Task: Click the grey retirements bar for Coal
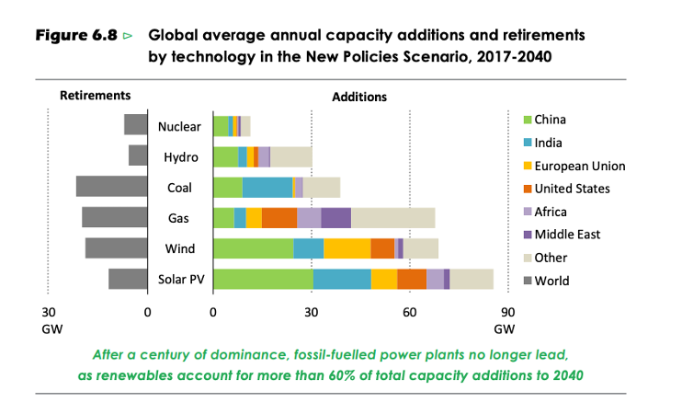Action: coord(111,187)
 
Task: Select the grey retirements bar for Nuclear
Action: coord(135,125)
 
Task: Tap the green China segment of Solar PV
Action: coord(262,280)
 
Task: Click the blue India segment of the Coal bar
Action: coord(267,187)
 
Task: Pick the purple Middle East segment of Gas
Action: coord(335,218)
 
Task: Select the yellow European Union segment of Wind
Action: coord(347,248)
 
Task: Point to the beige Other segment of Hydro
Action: coord(290,156)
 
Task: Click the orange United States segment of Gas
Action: coord(279,218)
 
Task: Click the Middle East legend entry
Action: coord(566,235)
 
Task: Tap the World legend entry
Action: coord(551,281)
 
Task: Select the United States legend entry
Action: coord(571,189)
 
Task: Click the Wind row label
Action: coord(179,248)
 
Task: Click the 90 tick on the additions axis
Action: coord(506,311)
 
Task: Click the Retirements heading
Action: coord(95,95)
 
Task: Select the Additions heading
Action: coord(359,97)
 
